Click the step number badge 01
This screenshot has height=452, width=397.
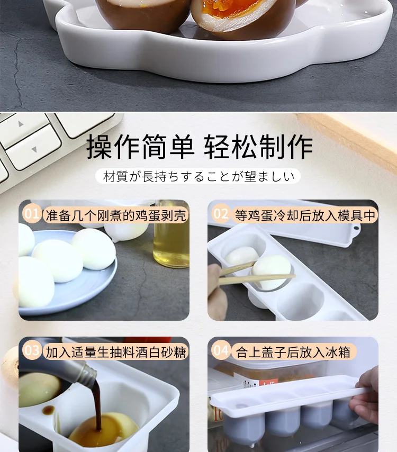[32, 213]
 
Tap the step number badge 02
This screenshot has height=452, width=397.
[221, 214]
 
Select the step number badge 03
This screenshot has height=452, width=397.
[32, 350]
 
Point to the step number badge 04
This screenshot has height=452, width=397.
[221, 350]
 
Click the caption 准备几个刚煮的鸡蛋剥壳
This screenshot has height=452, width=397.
[116, 215]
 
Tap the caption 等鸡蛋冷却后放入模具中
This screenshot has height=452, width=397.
[305, 215]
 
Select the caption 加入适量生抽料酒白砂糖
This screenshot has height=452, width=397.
[116, 352]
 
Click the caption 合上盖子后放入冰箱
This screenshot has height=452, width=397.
[293, 352]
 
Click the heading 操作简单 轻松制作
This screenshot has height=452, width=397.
[200, 147]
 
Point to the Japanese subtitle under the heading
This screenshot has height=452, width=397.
[198, 176]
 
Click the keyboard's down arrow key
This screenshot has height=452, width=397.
[34, 149]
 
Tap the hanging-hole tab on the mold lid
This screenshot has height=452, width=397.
[356, 232]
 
